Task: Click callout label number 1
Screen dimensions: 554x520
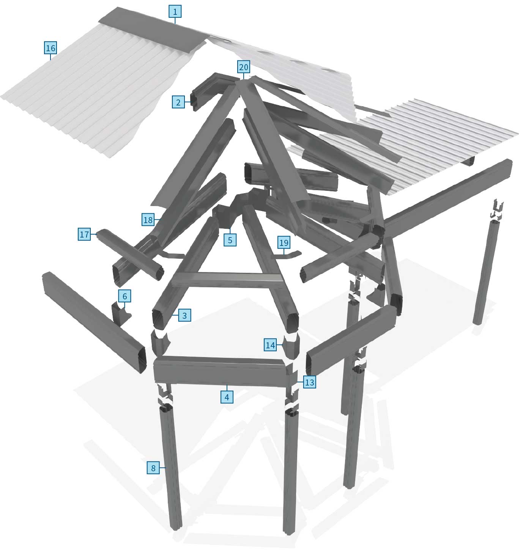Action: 175,12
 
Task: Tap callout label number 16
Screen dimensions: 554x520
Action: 50,48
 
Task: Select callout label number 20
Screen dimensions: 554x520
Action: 244,68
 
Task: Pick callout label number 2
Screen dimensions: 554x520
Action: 178,102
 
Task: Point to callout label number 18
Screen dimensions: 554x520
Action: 148,220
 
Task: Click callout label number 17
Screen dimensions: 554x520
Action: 84,235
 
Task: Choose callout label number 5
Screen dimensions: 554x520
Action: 230,240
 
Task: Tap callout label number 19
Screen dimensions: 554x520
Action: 284,242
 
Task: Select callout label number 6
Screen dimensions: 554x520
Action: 124,296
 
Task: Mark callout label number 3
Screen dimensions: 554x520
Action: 184,315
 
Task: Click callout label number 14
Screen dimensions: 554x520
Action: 270,345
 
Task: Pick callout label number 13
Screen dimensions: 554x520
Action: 309,382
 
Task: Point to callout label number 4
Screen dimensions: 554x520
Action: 227,397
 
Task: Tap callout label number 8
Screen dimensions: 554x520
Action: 153,468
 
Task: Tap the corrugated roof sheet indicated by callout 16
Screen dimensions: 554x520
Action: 91,95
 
